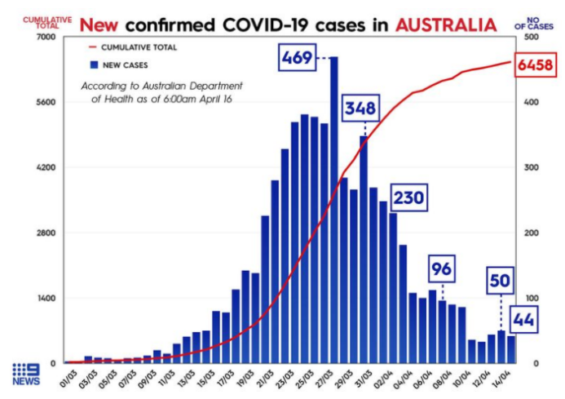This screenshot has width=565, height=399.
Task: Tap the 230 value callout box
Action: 408,197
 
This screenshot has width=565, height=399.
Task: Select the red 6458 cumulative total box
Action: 536,64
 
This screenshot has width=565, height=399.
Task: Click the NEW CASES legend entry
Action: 122,64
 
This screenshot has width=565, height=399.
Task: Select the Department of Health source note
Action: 161,92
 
